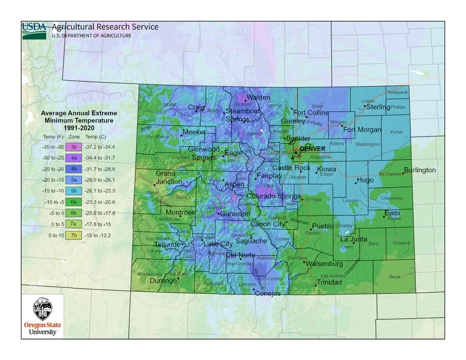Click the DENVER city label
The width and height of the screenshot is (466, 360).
click(312, 149)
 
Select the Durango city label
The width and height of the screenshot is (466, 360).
click(163, 280)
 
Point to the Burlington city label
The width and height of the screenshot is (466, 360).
click(420, 170)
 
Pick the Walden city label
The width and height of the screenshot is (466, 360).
click(258, 97)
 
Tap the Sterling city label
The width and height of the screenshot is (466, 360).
click(378, 107)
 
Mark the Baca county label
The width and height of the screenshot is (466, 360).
click(394, 276)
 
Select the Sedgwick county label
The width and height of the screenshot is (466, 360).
click(397, 92)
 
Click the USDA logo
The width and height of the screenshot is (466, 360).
click(34, 30)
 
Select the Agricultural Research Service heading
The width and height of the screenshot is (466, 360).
click(104, 27)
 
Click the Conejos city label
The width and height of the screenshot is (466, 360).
click(267, 293)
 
